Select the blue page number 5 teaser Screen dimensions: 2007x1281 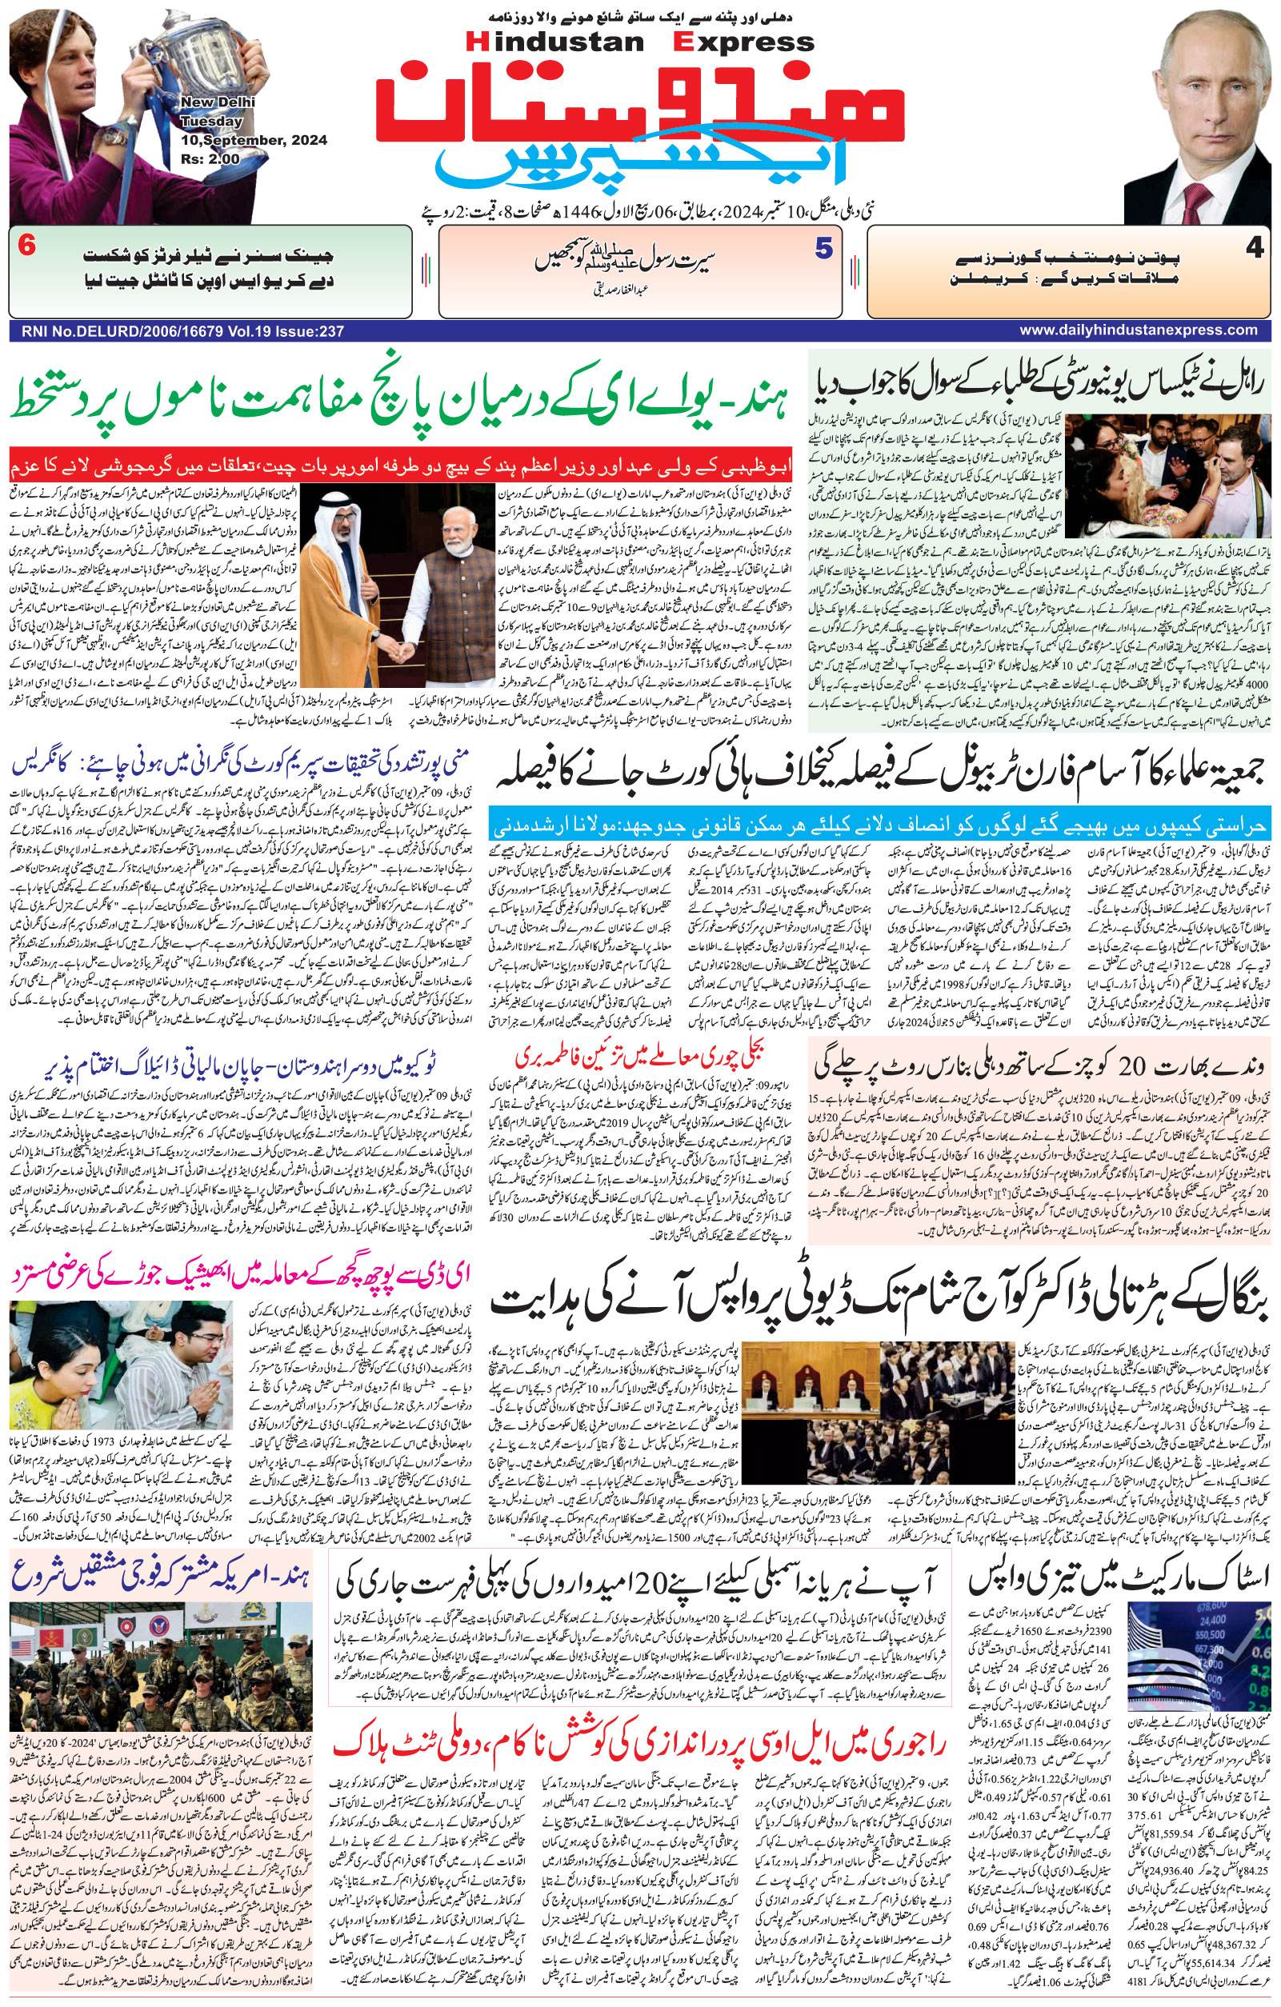click(823, 248)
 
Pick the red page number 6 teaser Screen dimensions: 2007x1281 click(26, 247)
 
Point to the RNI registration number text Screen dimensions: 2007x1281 click(178, 331)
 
